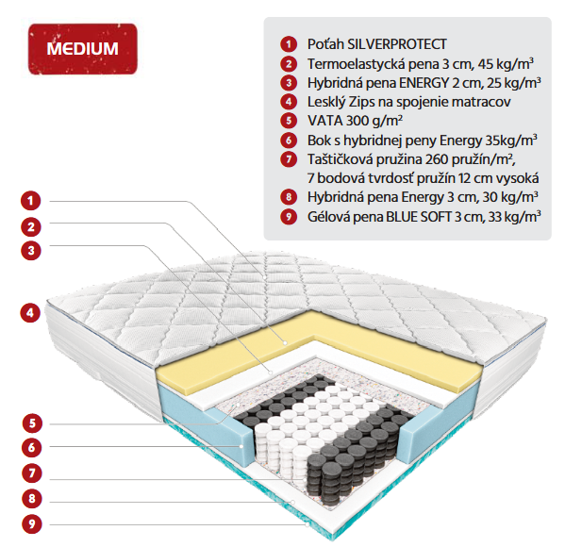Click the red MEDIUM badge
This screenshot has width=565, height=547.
click(x=82, y=49)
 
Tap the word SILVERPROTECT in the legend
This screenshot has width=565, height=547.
click(x=397, y=44)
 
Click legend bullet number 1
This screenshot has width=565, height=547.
click(x=289, y=44)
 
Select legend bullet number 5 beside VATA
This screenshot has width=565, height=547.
click(x=289, y=121)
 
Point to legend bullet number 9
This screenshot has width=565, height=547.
click(x=289, y=217)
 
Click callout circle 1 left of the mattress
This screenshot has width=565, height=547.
click(x=31, y=200)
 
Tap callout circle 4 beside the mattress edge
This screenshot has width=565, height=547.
click(x=30, y=312)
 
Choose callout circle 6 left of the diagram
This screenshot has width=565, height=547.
click(x=32, y=448)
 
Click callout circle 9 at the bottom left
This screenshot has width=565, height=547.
click(x=32, y=524)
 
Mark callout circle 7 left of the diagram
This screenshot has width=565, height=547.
click(x=32, y=472)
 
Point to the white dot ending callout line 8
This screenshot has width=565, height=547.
click(x=293, y=502)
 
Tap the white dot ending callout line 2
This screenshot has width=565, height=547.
click(x=285, y=343)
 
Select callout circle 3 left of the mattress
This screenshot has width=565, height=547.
click(x=31, y=250)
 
